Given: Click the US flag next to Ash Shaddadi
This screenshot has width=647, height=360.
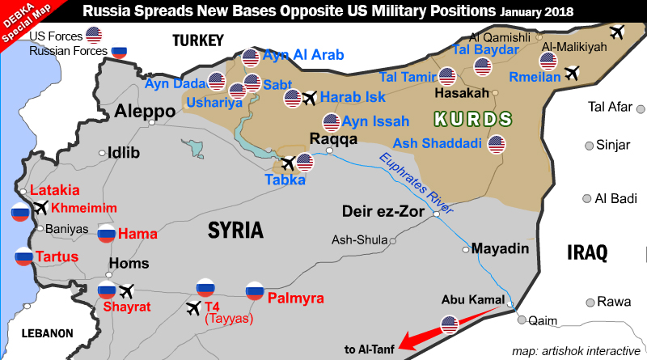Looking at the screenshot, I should [x=497, y=144].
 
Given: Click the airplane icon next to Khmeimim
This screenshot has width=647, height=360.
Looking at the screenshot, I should [x=40, y=208].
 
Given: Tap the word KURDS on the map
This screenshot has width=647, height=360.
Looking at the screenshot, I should [x=473, y=120].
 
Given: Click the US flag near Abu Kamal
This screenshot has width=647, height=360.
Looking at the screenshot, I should [x=451, y=325].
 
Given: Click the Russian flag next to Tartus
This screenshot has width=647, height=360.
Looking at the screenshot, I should [x=23, y=257].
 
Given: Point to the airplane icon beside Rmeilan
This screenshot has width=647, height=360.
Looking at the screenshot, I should [x=573, y=74].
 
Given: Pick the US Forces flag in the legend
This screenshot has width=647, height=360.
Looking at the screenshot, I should [x=95, y=35].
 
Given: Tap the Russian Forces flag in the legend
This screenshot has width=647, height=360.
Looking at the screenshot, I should [x=121, y=51].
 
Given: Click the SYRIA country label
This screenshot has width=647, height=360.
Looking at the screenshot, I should [x=235, y=231].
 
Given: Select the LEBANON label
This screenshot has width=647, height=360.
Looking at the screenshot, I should [x=47, y=332].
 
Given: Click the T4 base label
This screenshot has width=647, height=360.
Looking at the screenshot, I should [x=212, y=307].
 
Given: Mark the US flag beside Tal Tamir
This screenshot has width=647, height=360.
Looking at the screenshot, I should [x=447, y=77].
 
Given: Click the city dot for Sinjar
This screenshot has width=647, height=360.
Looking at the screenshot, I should [x=588, y=146].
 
